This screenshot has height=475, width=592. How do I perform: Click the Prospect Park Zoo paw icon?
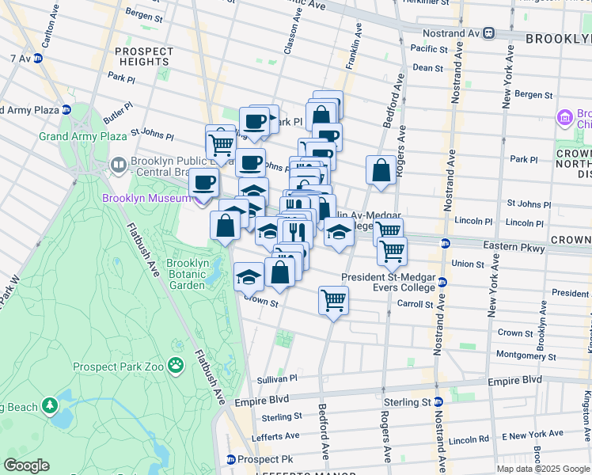click(174, 366)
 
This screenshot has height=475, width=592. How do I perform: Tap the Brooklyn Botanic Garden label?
click(187, 274)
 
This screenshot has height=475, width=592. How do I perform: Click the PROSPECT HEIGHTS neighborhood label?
click(143, 57)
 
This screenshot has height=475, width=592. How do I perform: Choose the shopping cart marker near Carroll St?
click(334, 300)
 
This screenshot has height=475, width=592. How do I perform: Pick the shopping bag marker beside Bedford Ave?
click(381, 170)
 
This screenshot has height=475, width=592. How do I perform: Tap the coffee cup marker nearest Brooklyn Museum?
click(204, 182)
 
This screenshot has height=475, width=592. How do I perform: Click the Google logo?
click(26, 465)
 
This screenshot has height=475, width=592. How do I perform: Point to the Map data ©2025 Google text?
click(543, 469)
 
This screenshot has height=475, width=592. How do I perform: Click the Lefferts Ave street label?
click(275, 435)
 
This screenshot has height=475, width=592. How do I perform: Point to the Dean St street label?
click(427, 68)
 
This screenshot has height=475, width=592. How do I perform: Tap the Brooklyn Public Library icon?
click(119, 165)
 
